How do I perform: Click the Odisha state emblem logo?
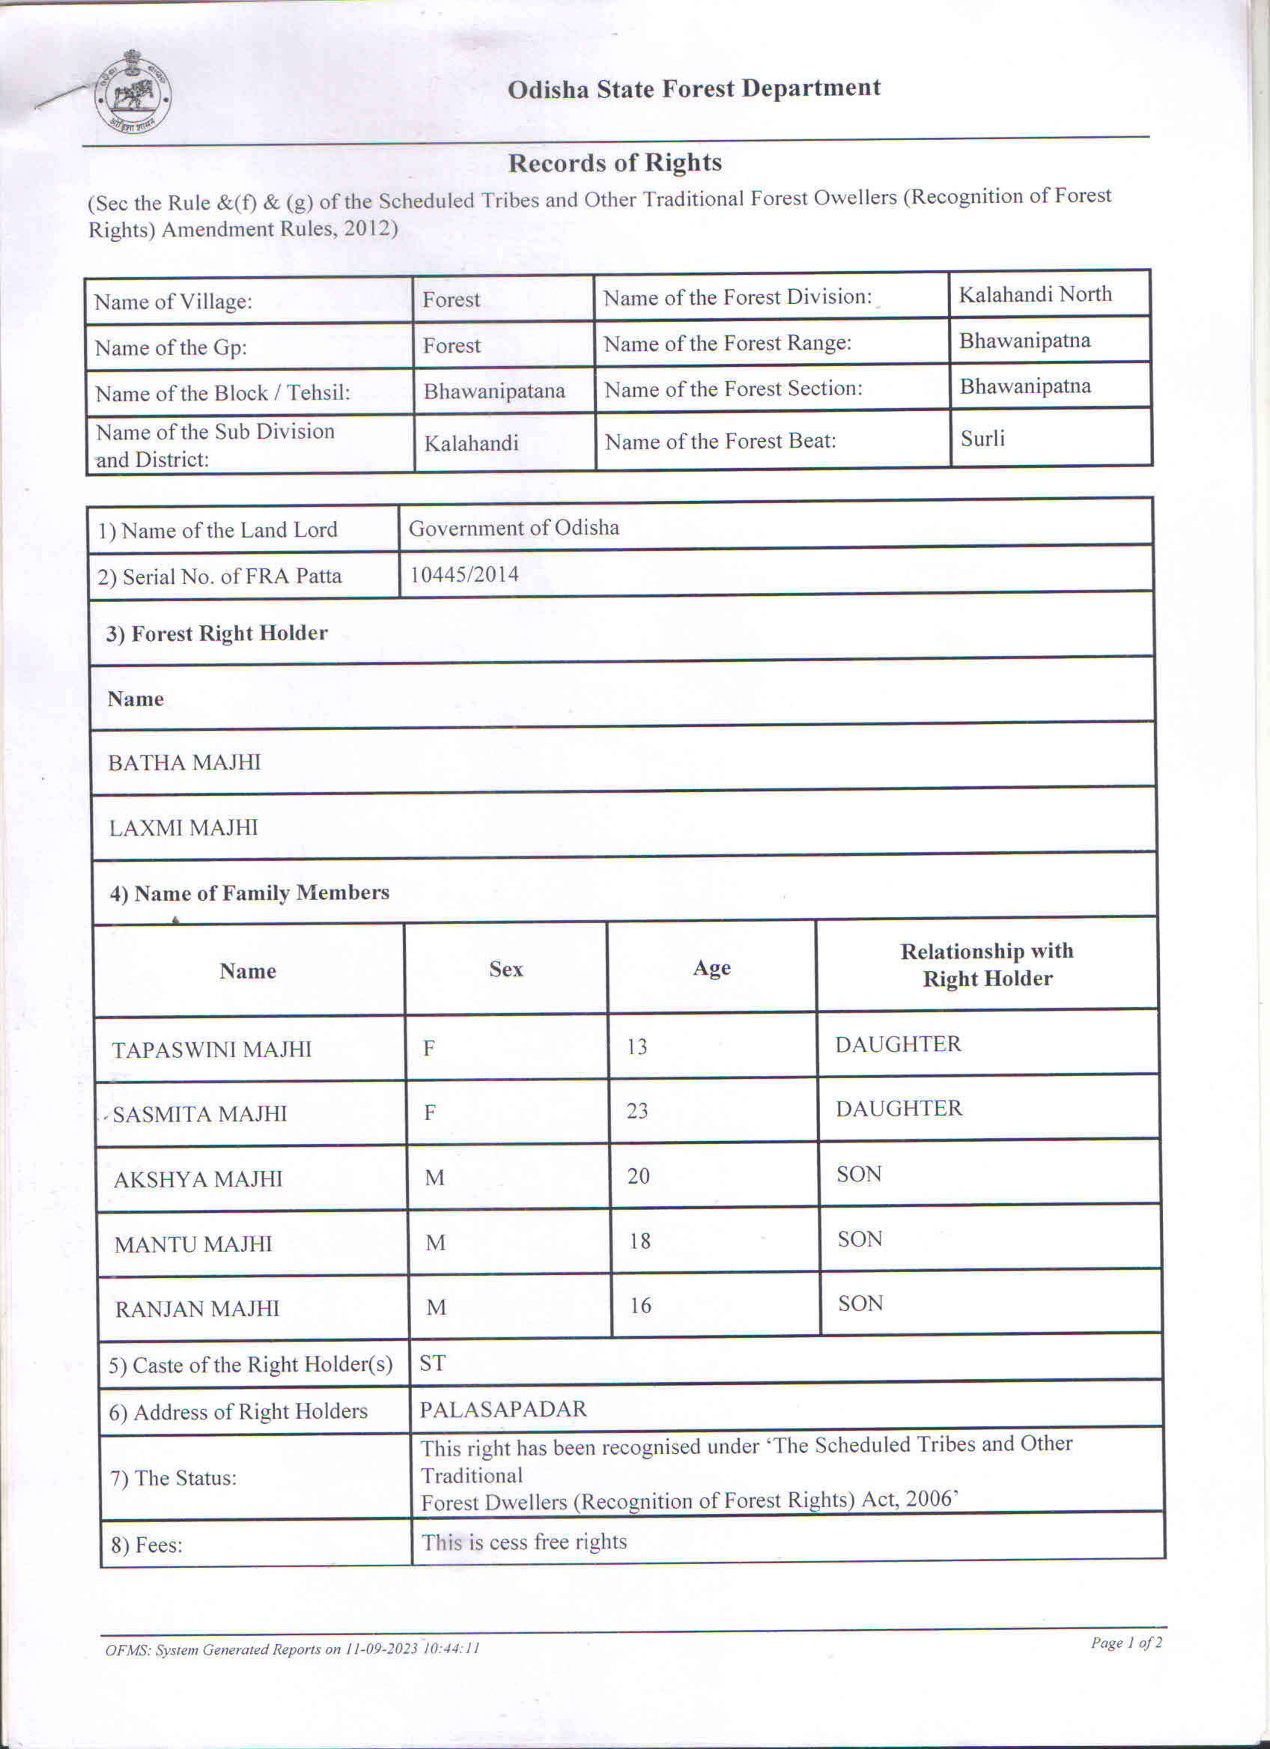click(x=133, y=94)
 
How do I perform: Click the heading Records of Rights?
click(x=615, y=162)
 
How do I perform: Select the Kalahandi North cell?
click(x=1035, y=293)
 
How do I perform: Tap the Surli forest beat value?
click(x=982, y=438)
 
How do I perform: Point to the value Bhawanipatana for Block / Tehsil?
click(x=493, y=391)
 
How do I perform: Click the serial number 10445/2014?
click(x=464, y=574)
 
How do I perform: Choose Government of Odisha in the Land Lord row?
click(x=514, y=528)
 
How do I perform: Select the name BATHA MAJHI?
click(x=184, y=762)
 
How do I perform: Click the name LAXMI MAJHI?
click(x=183, y=827)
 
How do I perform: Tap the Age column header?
click(x=711, y=968)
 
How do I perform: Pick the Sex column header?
click(x=506, y=970)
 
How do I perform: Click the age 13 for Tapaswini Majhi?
click(x=637, y=1047)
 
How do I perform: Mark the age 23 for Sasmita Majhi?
click(x=637, y=1110)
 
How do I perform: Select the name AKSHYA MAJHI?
click(x=198, y=1179)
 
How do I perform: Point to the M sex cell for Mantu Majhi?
click(x=436, y=1242)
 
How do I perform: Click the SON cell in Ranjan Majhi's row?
click(x=860, y=1304)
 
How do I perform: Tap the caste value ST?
click(x=432, y=1363)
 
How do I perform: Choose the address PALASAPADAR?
click(x=502, y=1409)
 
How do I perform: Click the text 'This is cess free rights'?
click(x=523, y=1542)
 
